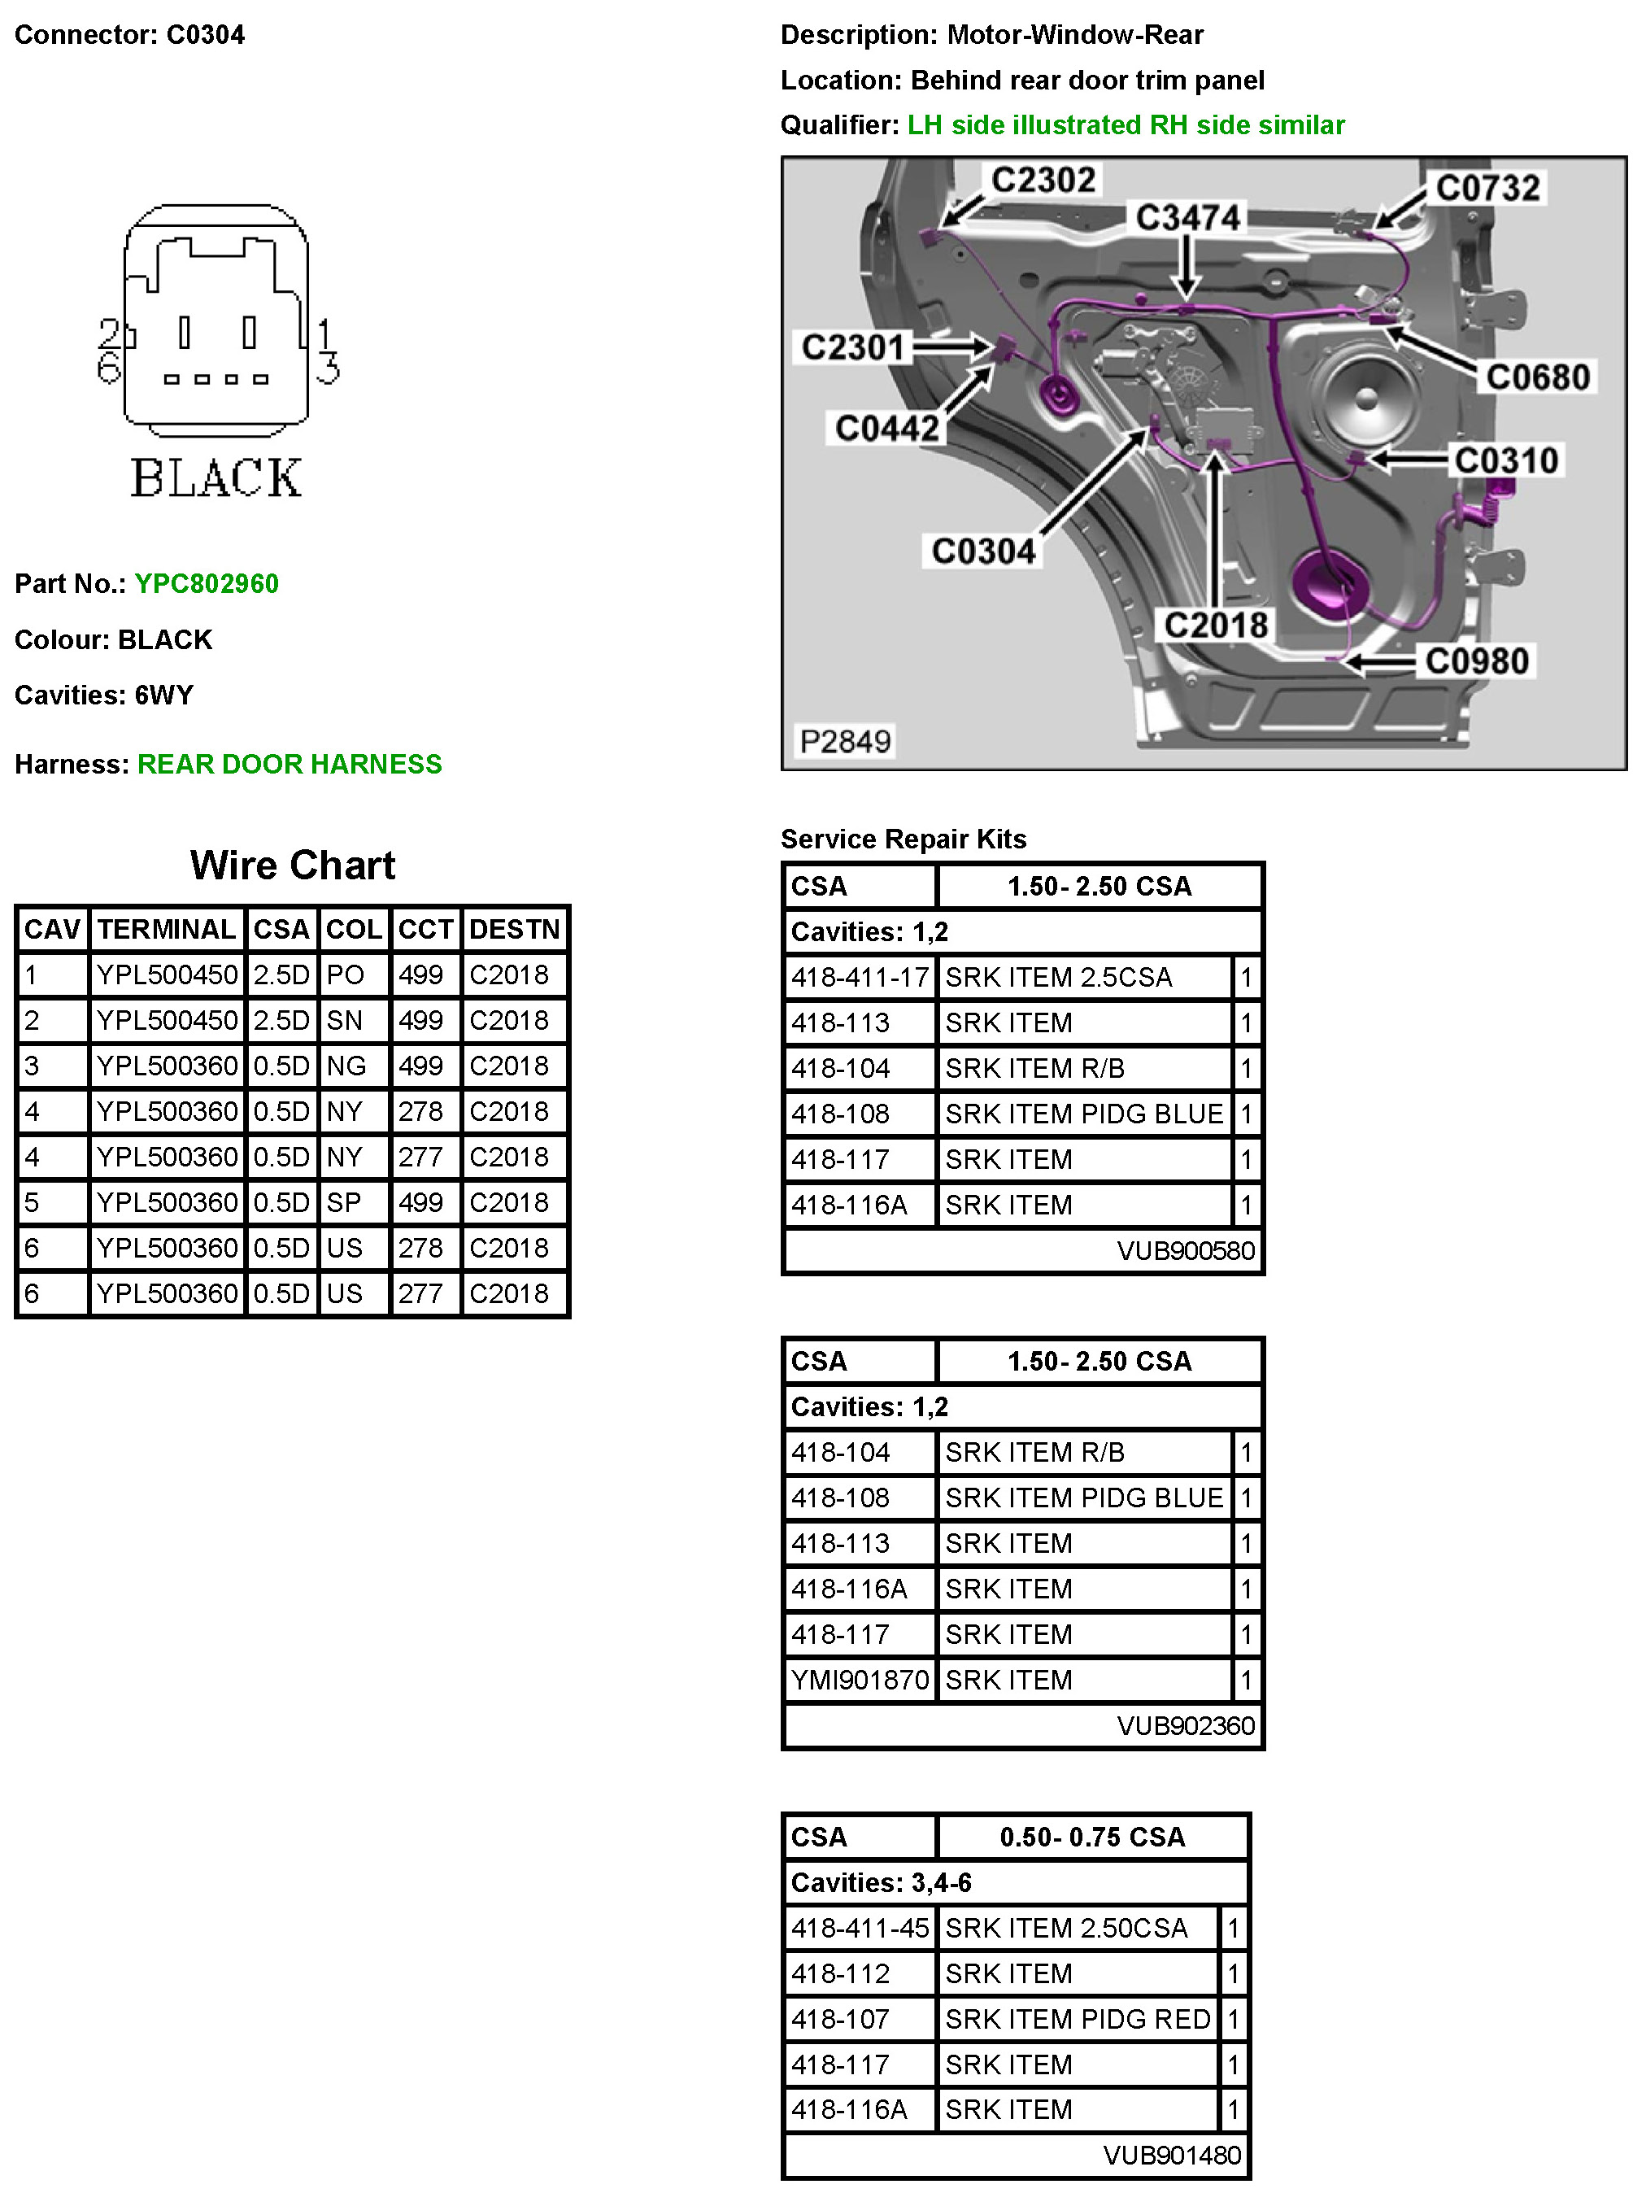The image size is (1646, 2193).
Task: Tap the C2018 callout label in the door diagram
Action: (1215, 625)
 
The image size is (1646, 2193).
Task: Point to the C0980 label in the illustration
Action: (1477, 661)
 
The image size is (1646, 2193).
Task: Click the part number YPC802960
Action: (206, 583)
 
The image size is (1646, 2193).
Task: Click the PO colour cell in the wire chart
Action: (345, 974)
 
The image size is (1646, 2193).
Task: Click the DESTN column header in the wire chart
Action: (514, 929)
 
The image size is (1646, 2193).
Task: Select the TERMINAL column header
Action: (167, 929)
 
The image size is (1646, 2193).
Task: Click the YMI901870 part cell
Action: (859, 1681)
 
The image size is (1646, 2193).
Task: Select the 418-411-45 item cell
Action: (859, 1929)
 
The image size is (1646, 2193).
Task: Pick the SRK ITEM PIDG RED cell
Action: (1078, 2020)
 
